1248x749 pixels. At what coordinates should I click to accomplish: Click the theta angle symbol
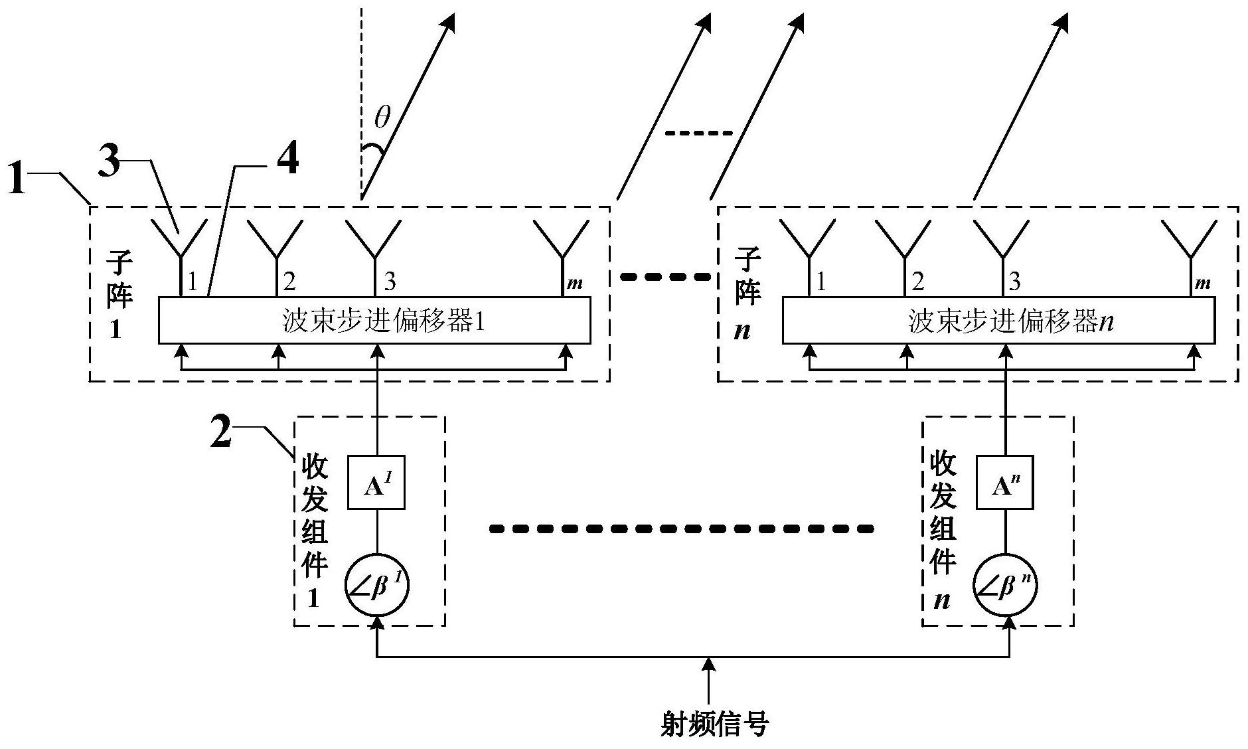(382, 119)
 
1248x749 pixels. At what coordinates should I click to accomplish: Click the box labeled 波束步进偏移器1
(374, 321)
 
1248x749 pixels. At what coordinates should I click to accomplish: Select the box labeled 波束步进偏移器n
(998, 321)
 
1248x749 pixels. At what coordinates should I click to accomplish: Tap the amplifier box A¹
(376, 483)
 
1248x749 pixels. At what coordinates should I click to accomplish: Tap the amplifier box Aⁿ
(1004, 483)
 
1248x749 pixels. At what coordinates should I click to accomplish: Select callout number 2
(221, 431)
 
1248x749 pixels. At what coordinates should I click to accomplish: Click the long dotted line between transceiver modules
(681, 529)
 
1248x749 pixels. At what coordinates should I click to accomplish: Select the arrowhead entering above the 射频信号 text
(710, 664)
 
